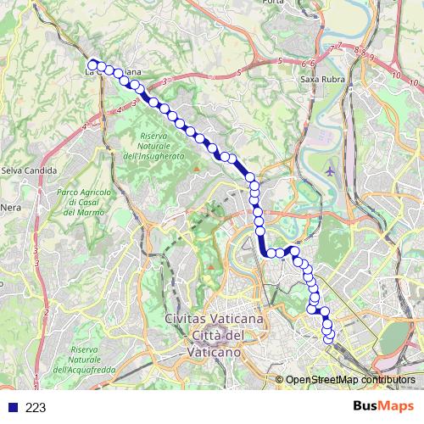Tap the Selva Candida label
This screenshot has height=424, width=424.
(x=28, y=170)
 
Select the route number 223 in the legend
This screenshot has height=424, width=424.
(x=36, y=408)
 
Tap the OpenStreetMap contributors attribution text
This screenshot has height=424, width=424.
(x=350, y=380)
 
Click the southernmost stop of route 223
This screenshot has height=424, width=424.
(x=330, y=341)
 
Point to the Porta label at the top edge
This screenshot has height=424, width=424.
(x=274, y=3)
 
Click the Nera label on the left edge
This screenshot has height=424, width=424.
(x=10, y=206)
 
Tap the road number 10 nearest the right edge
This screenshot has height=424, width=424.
(x=415, y=84)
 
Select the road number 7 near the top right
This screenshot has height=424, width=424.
(x=339, y=46)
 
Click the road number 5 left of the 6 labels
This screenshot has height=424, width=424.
(x=279, y=61)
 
